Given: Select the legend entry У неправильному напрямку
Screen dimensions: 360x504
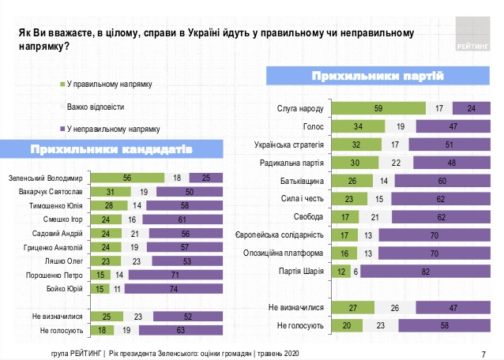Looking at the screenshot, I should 114,128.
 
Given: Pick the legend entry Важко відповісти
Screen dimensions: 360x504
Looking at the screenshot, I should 96,106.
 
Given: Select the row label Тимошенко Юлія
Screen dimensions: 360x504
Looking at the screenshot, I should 55,206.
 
